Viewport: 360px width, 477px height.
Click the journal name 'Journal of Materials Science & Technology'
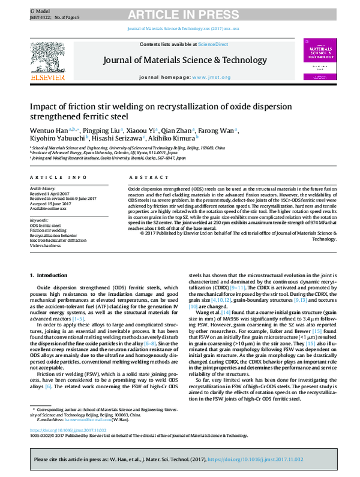pyautogui.click(x=185, y=60)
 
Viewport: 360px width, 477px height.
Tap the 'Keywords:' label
pyautogui.click(x=40, y=220)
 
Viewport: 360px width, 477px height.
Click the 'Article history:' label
pyautogui.click(x=43, y=188)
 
